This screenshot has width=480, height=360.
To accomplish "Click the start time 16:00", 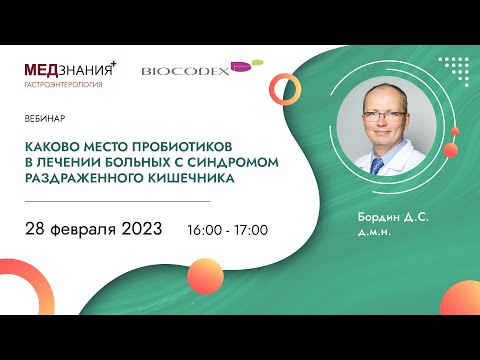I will tap(204, 229).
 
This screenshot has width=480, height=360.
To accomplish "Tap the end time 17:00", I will tap(252, 229).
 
